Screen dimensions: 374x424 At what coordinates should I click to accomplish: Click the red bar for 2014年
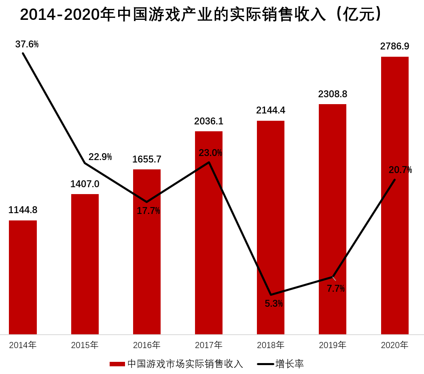pos(23,277)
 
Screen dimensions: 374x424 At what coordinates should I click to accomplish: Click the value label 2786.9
pos(394,46)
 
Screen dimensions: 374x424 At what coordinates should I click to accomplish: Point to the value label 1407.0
pos(85,184)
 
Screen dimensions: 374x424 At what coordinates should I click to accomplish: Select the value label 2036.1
pos(209,121)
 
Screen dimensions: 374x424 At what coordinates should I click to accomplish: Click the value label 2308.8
pos(333,94)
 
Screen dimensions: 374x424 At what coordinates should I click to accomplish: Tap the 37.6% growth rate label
pos(27,44)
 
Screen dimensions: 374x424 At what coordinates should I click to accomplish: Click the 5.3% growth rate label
pos(274,303)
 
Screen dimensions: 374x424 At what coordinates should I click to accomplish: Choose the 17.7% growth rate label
pos(148,211)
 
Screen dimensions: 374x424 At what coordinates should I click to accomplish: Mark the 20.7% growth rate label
pos(400,170)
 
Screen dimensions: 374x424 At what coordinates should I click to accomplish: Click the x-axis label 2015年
pos(85,345)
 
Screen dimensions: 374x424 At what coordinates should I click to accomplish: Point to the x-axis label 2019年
pos(333,345)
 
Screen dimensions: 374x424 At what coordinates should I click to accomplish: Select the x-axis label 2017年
pos(209,345)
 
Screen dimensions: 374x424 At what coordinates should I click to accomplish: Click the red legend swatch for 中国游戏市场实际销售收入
pos(117,364)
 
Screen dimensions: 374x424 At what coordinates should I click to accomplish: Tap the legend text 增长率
pos(290,364)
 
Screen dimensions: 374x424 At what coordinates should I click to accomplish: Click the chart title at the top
pos(201,15)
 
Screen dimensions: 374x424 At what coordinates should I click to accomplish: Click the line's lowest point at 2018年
pos(271,295)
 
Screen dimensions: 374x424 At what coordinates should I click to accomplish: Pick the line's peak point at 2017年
pos(209,162)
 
